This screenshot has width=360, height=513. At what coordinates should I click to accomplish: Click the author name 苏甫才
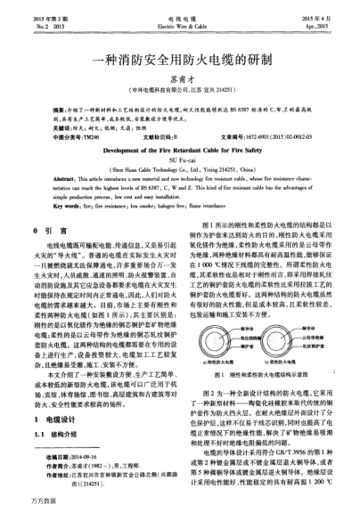[x=180, y=77]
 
